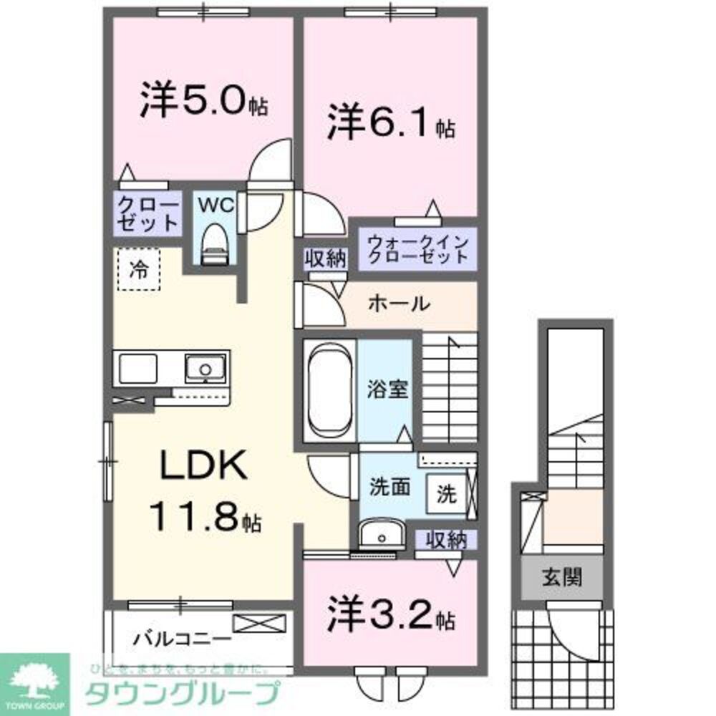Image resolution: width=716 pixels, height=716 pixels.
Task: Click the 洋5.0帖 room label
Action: (203, 102)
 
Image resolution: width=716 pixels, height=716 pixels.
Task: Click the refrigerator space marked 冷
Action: (138, 269)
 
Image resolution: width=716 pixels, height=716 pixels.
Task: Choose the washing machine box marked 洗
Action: (445, 494)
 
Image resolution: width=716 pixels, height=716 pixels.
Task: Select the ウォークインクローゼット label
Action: (417, 248)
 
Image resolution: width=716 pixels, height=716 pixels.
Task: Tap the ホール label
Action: (399, 304)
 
